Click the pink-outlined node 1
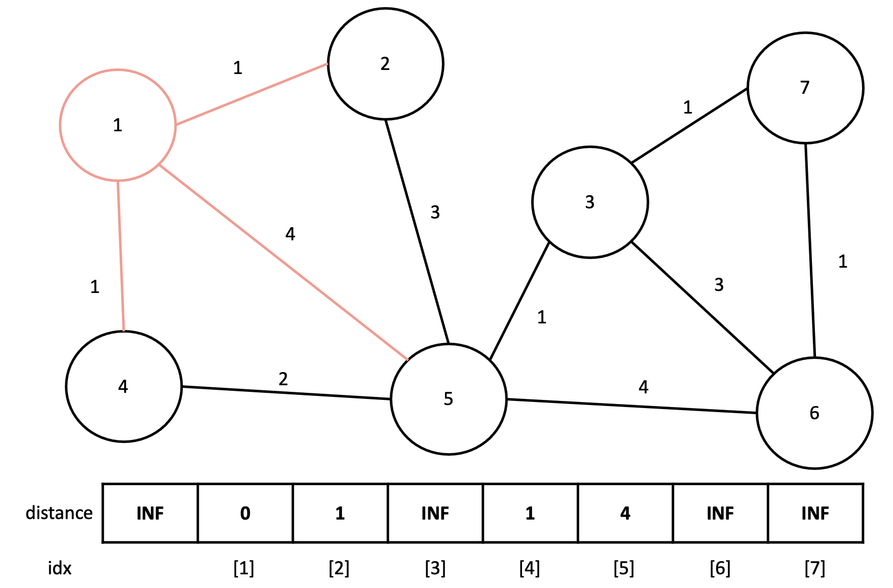(x=118, y=125)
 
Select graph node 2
(x=385, y=64)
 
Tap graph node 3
(x=589, y=202)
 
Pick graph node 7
(x=805, y=88)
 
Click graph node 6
(x=814, y=413)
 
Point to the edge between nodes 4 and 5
(x=286, y=393)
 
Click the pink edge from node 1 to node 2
(x=251, y=94)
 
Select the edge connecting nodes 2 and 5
(x=417, y=231)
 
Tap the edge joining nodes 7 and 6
(x=810, y=251)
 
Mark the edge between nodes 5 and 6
(x=631, y=407)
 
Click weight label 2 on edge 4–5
(x=283, y=379)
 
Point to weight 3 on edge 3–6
(x=719, y=285)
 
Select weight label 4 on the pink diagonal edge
(x=290, y=234)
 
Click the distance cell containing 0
(x=245, y=513)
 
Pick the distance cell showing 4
(x=625, y=513)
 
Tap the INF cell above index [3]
(x=435, y=513)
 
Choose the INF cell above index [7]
(x=815, y=513)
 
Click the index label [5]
(x=624, y=568)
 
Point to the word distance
(x=59, y=513)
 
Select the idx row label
(x=60, y=568)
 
